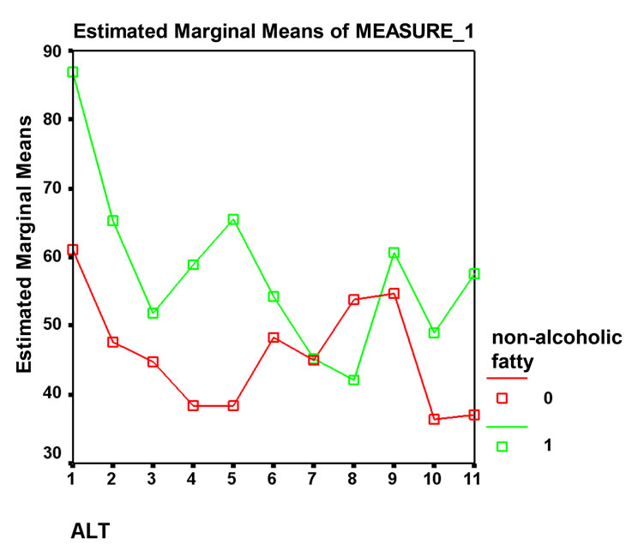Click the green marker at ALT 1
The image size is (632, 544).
[x=73, y=72]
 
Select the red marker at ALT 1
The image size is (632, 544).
[x=73, y=249]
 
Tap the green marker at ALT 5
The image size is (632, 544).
[x=233, y=220]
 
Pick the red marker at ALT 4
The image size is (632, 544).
[x=193, y=405]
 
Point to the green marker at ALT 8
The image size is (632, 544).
[x=353, y=380]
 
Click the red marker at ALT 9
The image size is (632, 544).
[x=394, y=294]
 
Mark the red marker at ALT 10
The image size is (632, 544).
[x=434, y=419]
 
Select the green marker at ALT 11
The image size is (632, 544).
[x=473, y=274]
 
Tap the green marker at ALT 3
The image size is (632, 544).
[x=153, y=313]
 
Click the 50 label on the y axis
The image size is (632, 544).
[x=53, y=326]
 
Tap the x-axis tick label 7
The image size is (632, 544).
[x=313, y=475]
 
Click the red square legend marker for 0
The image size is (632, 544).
[x=503, y=398]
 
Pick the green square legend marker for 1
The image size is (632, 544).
[x=503, y=445]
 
